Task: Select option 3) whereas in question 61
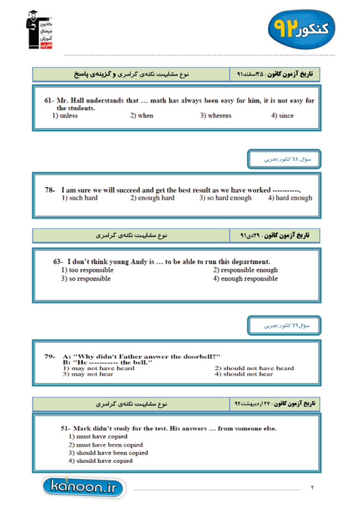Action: [x=215, y=116]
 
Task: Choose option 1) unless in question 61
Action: [x=65, y=116]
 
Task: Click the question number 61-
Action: [x=50, y=101]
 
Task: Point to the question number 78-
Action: [x=50, y=190]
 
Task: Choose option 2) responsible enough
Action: [x=245, y=270]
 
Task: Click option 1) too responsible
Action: [x=87, y=270]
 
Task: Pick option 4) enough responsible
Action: [x=245, y=279]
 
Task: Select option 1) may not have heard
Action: [x=99, y=368]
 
